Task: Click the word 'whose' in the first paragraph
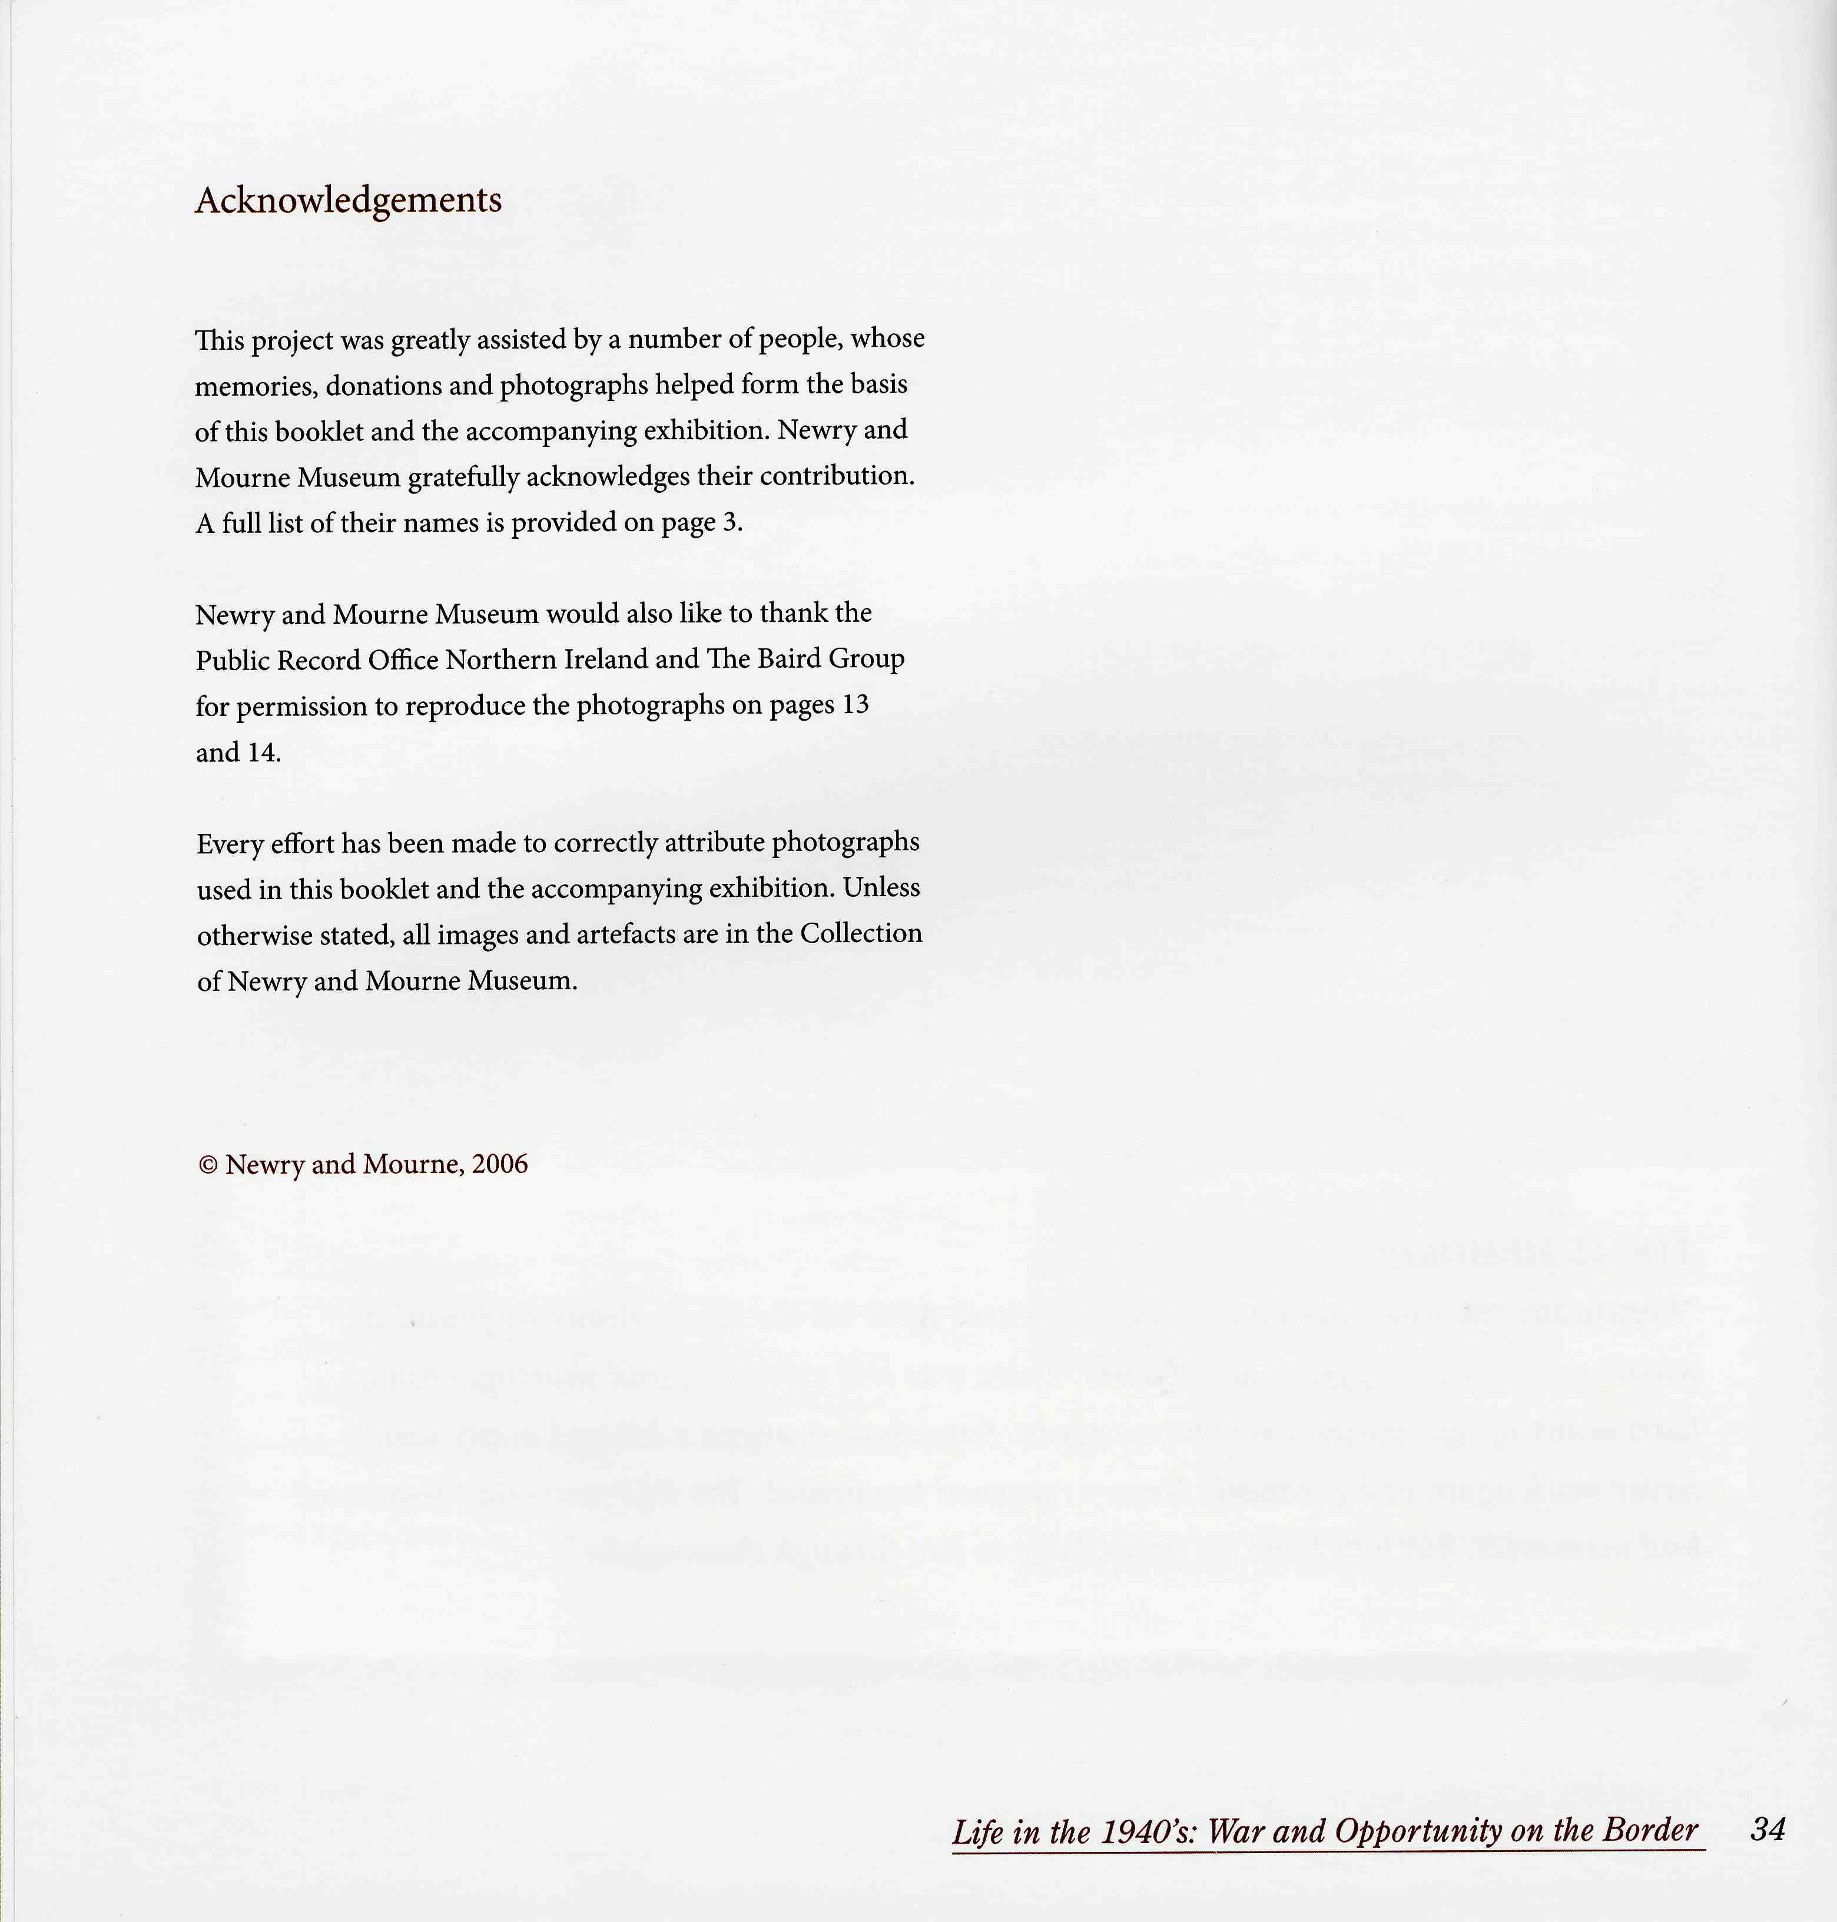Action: coord(887,339)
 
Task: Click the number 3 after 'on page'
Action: coord(730,523)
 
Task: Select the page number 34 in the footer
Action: coord(1768,1829)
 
